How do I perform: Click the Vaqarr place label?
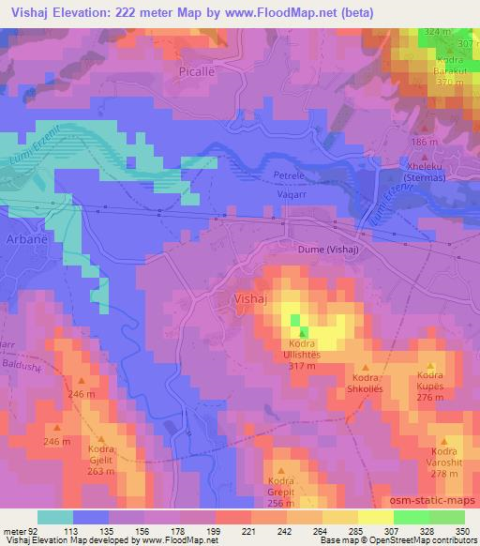[x=290, y=189]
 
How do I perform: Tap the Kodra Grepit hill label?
[x=280, y=489]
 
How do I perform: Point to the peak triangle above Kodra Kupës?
[x=430, y=367]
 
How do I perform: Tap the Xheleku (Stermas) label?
[x=416, y=170]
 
